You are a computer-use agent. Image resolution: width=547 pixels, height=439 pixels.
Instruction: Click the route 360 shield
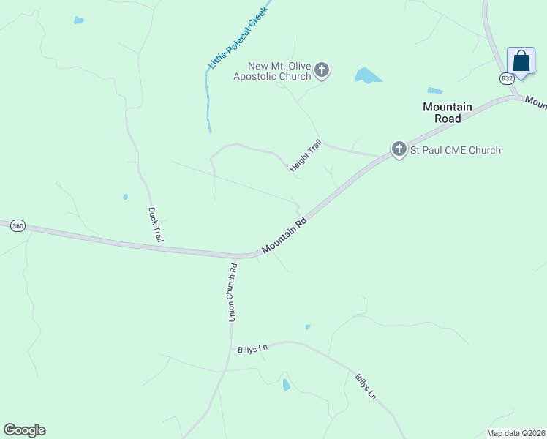click(x=18, y=227)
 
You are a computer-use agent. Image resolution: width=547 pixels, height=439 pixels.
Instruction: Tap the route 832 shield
click(x=508, y=78)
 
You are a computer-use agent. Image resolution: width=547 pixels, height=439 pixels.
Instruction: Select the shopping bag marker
click(x=521, y=61)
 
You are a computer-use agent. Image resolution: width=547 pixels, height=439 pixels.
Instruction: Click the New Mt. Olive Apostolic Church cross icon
click(x=322, y=70)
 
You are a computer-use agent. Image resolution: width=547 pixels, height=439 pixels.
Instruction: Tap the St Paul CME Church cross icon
click(x=399, y=150)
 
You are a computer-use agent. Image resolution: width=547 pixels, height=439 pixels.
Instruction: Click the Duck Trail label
click(x=156, y=225)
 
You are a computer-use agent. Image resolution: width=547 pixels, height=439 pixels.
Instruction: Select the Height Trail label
click(x=305, y=157)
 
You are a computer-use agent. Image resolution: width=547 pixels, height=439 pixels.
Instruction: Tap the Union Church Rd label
click(x=233, y=292)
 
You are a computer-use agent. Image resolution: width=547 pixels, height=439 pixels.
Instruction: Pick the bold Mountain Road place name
click(x=448, y=113)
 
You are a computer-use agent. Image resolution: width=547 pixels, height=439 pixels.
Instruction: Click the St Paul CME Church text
click(x=455, y=151)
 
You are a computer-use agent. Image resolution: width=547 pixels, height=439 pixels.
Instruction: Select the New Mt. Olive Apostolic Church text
click(x=272, y=71)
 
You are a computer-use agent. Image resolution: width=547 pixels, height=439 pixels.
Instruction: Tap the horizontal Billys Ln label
click(x=252, y=349)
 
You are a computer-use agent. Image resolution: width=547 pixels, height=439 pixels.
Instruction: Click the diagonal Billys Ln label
click(x=366, y=386)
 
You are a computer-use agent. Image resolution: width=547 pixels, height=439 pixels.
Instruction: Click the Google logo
click(x=24, y=430)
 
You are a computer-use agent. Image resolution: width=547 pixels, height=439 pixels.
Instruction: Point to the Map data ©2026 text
click(x=516, y=433)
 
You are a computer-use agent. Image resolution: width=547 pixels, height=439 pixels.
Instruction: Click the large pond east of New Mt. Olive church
click(x=367, y=75)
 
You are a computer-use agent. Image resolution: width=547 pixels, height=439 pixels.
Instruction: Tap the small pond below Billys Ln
click(x=286, y=385)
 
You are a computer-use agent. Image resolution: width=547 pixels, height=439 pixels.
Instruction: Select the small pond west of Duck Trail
click(x=126, y=197)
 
